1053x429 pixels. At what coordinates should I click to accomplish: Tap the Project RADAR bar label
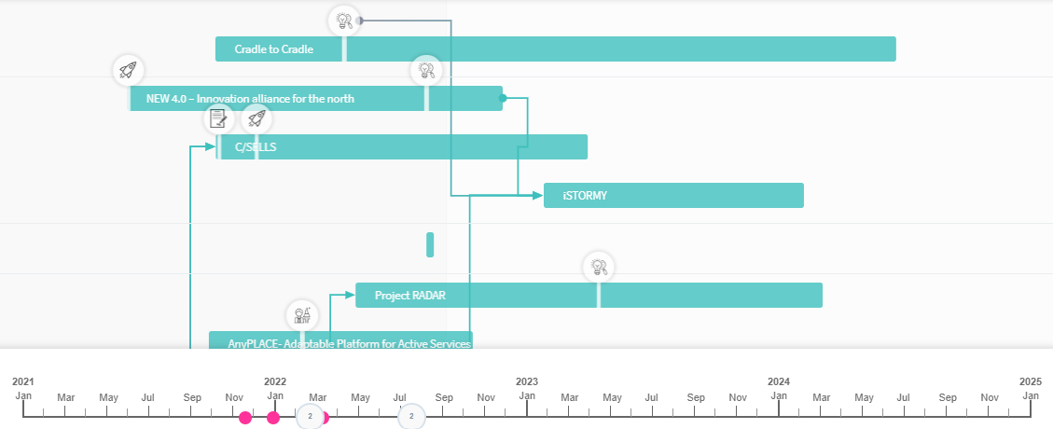point(409,296)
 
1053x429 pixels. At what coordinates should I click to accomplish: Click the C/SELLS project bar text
point(256,147)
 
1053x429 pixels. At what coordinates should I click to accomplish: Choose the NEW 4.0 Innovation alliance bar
point(250,98)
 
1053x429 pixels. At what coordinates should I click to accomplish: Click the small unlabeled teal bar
point(430,244)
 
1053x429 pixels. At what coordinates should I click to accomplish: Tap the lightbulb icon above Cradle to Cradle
point(344,20)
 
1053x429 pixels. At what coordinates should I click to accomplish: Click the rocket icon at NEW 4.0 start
point(128,70)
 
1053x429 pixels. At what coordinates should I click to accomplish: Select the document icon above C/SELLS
point(218,118)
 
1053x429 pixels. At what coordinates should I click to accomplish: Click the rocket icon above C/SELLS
point(256,118)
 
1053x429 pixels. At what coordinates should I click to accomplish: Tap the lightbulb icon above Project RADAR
point(599,268)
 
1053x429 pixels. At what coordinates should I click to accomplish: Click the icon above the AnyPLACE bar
point(300,315)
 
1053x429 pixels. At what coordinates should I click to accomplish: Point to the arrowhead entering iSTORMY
point(537,195)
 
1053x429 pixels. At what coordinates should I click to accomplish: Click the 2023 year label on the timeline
point(527,381)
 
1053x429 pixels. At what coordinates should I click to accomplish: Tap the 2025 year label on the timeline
point(1030,381)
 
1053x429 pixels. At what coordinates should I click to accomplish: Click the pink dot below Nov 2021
point(245,417)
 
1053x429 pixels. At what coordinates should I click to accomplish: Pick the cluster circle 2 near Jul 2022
point(410,416)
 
